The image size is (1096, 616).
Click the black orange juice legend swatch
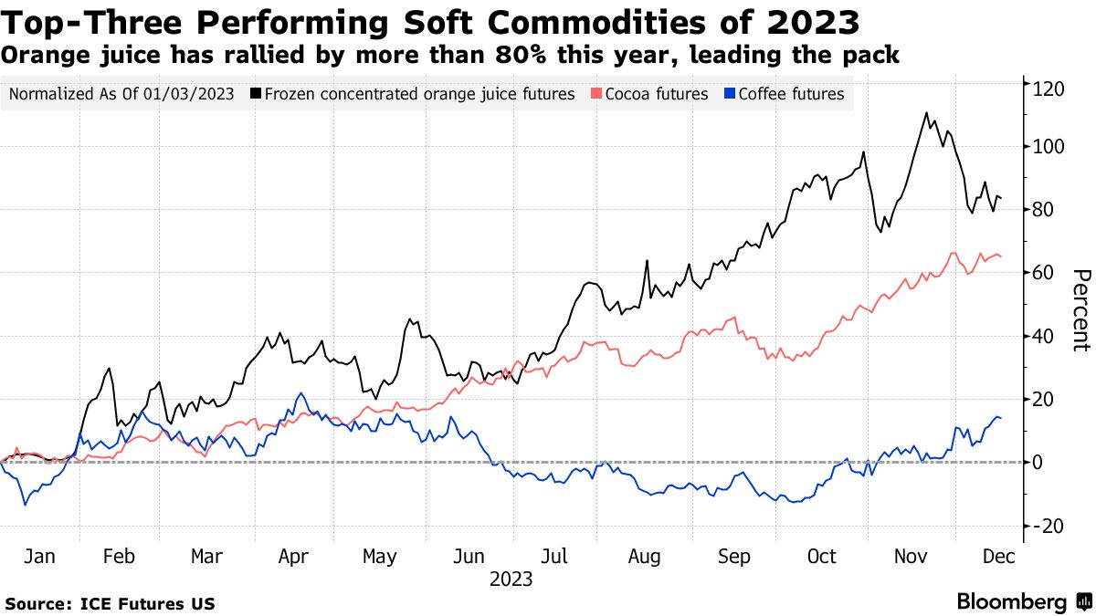point(256,93)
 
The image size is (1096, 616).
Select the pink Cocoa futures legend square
point(595,93)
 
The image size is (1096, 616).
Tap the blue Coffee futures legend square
point(730,93)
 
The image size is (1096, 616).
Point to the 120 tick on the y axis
point(1049,89)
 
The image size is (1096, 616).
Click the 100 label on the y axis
point(1049,147)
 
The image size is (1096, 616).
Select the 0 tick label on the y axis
point(1038,463)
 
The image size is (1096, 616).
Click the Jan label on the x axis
point(39,557)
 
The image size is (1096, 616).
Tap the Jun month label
point(469,557)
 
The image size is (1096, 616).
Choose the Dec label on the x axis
point(999,557)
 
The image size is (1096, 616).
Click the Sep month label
point(734,557)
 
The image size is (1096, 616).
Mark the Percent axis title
point(1081,310)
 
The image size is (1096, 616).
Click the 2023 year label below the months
point(511,579)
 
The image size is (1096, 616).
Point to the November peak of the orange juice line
point(926,113)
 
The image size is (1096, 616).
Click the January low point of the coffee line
point(26,505)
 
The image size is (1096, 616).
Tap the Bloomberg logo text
point(1012,601)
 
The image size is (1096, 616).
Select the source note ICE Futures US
point(148,604)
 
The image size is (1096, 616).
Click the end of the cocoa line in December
point(1001,256)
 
